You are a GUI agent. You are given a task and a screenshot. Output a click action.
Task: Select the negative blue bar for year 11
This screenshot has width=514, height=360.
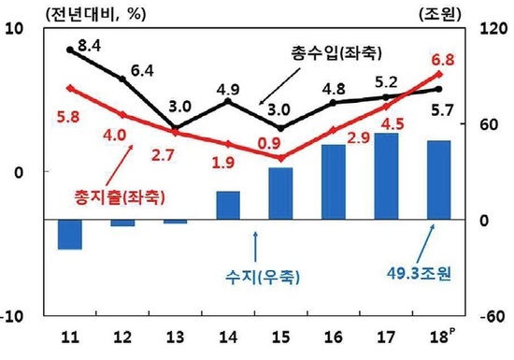pyautogui.click(x=70, y=234)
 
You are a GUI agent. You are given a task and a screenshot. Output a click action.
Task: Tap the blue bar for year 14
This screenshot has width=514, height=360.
pyautogui.click(x=228, y=205)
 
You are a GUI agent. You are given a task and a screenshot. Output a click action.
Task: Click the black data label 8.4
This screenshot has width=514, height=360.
pyautogui.click(x=93, y=44)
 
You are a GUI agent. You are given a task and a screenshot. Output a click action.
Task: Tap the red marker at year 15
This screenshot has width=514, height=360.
pyautogui.click(x=280, y=158)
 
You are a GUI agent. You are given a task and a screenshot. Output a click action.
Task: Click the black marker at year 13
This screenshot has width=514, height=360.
pyautogui.click(x=176, y=128)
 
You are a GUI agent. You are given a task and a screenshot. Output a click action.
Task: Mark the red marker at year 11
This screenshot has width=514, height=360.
pyautogui.click(x=70, y=88)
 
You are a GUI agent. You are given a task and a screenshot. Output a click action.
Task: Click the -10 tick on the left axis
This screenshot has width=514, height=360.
pyautogui.click(x=17, y=316)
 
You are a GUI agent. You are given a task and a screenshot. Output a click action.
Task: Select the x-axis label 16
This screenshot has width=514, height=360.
pyautogui.click(x=332, y=338)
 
